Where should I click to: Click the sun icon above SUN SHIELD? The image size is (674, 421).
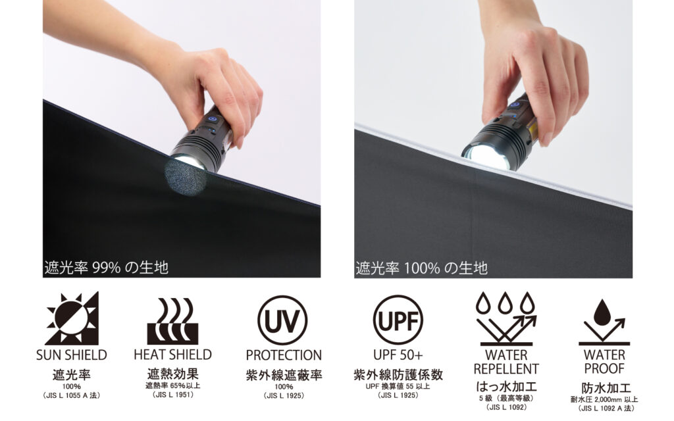point(72,318)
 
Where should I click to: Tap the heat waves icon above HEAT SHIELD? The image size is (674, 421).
point(173,321)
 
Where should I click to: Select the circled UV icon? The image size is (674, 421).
point(282,320)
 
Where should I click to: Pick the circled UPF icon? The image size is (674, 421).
point(398,320)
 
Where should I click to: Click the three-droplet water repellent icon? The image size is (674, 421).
point(506,318)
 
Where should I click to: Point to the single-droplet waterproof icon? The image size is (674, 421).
point(604,322)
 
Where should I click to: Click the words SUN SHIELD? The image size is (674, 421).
point(72,355)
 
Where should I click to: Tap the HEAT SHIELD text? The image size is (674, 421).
point(173,355)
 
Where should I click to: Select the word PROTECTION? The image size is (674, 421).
point(284,355)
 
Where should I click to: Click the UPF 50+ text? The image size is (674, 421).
point(398,355)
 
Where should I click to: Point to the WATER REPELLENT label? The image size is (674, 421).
point(506,362)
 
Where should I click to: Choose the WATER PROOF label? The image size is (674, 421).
point(604,362)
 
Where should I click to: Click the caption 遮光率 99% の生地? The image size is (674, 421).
point(106,268)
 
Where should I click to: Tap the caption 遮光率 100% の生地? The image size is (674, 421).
point(421,268)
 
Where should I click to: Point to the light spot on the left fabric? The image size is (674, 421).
point(186,176)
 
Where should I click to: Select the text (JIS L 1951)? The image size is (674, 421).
point(173,395)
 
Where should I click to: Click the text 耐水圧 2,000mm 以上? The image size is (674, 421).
point(604,399)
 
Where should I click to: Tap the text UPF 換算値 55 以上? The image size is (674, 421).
point(398,386)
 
